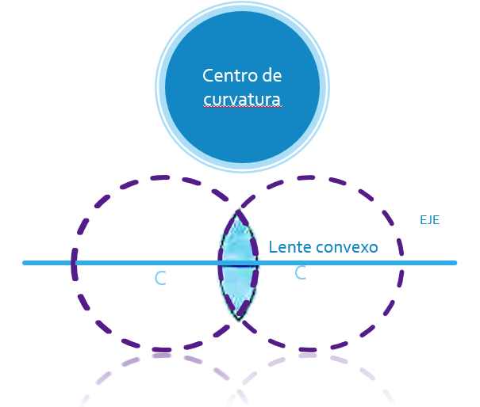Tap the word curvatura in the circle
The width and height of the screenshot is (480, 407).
coord(242,100)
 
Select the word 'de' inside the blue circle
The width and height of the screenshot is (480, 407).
coord(271,76)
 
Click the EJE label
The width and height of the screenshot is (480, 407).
coord(429,220)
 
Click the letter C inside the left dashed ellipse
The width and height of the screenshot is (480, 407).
coord(160,278)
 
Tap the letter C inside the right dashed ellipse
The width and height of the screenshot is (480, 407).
coord(300,273)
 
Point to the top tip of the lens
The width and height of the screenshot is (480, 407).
coord(238,211)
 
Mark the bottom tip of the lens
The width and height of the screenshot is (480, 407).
coord(239,318)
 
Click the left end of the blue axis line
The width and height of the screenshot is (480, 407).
coord(25,263)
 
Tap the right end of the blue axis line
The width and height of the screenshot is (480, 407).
coord(455,263)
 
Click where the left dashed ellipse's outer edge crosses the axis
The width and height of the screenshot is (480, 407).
coord(75,263)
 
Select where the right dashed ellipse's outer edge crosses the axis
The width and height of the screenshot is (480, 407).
coord(402,263)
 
